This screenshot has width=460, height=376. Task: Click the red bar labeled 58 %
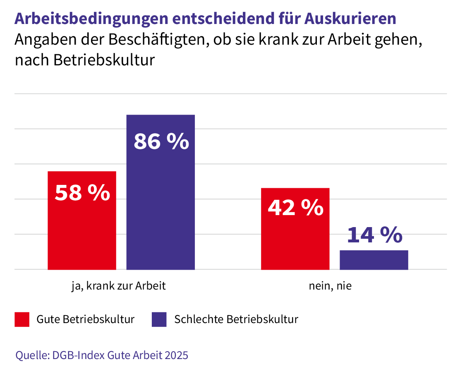82,232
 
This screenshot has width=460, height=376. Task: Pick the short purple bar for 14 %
374,260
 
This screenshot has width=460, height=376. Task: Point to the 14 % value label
374,235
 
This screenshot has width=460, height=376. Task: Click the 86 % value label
161,141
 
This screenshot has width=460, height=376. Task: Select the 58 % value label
83,193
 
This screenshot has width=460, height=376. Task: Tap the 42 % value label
295,208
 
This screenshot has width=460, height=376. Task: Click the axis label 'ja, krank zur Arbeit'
118,286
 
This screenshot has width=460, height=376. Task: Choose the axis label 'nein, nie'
330,286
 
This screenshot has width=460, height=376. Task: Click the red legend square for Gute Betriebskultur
22,319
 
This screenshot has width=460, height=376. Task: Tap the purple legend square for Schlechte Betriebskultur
159,319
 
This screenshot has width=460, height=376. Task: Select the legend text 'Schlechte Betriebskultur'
236,319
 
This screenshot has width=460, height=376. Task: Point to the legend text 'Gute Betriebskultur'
86,319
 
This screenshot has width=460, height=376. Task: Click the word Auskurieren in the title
350,19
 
